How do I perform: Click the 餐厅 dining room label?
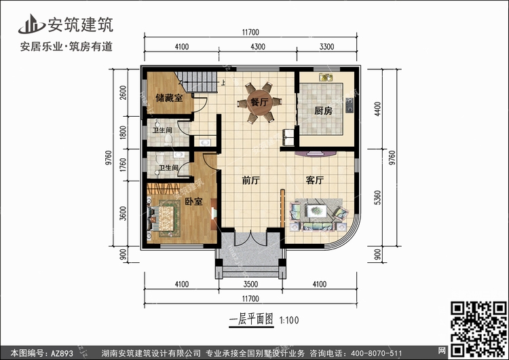point(259,102)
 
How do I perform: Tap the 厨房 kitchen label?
point(323,111)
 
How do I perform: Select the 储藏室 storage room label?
point(169,98)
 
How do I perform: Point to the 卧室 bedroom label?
point(193,202)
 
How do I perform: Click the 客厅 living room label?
point(314,180)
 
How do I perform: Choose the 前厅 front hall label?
point(251,180)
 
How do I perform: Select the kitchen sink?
point(326,77)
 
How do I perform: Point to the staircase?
point(197,82)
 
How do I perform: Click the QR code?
point(478,329)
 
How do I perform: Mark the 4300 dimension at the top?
point(258,47)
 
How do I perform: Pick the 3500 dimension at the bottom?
point(250,285)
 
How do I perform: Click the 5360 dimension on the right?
point(377,198)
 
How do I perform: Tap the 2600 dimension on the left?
point(123,92)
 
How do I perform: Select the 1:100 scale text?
point(289,321)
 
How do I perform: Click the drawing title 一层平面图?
point(251,319)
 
